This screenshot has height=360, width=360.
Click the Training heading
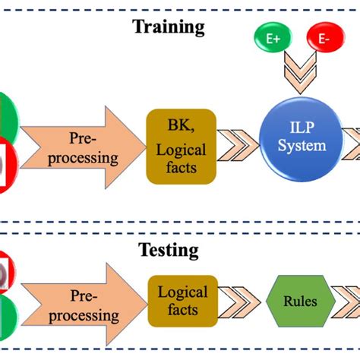pos(169,28)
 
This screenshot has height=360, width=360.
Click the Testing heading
pos(169,249)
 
